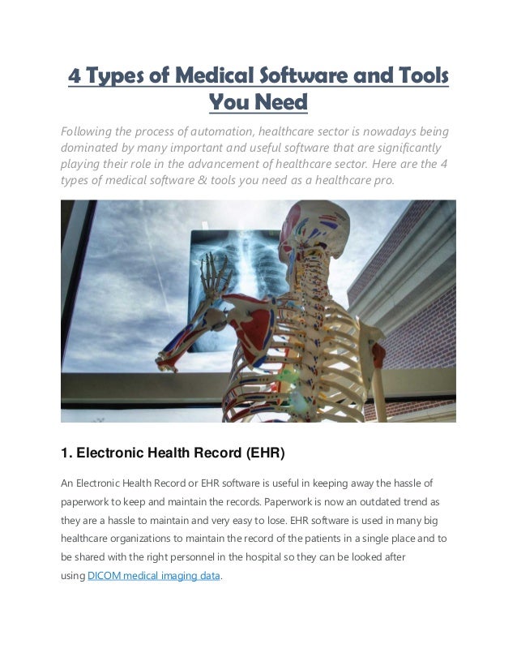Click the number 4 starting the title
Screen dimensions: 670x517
pyautogui.click(x=74, y=76)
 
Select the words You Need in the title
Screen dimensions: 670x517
pyautogui.click(x=258, y=103)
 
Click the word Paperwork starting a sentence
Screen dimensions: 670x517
pyautogui.click(x=295, y=502)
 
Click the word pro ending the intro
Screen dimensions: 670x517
pyautogui.click(x=382, y=180)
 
